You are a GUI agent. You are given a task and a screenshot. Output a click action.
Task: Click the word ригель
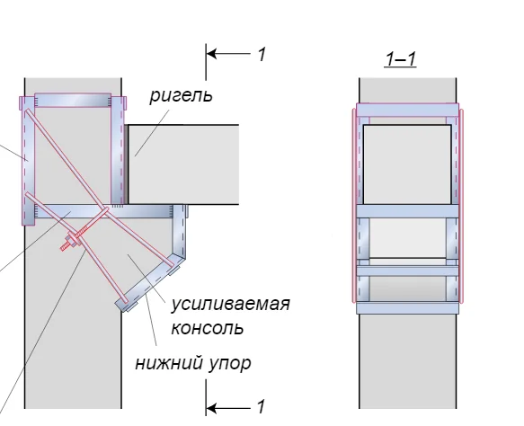tap(181, 96)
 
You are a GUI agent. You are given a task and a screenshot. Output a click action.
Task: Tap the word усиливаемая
tap(231, 305)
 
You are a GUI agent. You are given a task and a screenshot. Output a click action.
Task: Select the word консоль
tap(208, 328)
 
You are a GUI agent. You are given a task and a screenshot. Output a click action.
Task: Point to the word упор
tap(230, 364)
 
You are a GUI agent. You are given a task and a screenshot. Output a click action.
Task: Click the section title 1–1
tap(400, 59)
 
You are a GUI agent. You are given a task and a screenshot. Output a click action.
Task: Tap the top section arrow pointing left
tap(228, 53)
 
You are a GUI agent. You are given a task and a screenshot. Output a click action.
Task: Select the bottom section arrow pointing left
tap(228, 408)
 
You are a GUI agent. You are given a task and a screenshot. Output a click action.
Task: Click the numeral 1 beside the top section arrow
tap(262, 54)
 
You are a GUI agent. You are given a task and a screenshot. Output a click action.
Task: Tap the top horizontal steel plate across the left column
tap(73, 101)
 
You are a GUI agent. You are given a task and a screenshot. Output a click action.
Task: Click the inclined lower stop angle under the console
tap(149, 283)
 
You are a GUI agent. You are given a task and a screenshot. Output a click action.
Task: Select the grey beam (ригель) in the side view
tap(183, 164)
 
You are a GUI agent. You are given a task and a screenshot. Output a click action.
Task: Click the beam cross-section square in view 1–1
tap(407, 164)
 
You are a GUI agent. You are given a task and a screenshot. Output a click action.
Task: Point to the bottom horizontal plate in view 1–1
tap(408, 308)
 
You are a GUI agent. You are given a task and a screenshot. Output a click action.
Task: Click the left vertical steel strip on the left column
tap(29, 161)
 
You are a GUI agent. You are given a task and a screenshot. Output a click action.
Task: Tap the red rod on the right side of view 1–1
tap(461, 206)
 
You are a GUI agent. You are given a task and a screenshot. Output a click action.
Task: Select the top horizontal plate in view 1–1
tap(408, 110)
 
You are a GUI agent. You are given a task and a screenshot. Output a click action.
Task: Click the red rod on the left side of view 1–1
tap(353, 206)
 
